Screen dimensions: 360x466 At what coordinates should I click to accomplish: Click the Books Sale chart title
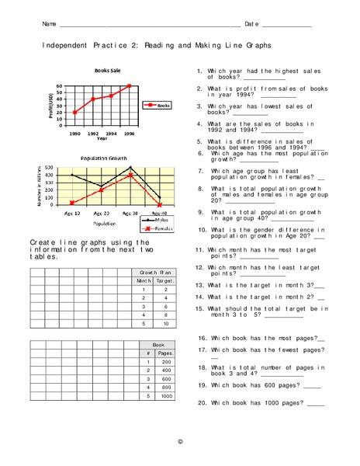[x=107, y=70]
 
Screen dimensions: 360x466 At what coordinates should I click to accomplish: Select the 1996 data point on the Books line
[x=129, y=86]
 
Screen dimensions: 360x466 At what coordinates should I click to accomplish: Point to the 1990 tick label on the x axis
[x=74, y=134]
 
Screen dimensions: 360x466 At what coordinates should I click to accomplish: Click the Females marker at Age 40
[x=159, y=205]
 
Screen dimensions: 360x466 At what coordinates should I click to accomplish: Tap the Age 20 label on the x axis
[x=102, y=213]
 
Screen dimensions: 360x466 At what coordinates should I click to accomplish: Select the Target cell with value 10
[x=165, y=323]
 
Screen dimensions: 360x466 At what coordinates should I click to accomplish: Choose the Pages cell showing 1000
[x=165, y=396]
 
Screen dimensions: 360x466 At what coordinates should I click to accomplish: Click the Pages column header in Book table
[x=165, y=353]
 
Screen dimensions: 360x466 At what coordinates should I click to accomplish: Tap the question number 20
[x=202, y=402]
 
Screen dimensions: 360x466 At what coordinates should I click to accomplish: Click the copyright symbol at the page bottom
[x=180, y=441]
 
